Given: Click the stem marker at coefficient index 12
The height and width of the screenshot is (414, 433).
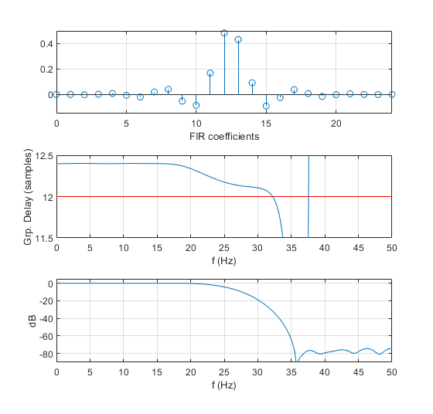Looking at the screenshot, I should [224, 33].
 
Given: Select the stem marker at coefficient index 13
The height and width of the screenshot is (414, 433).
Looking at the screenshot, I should [238, 39].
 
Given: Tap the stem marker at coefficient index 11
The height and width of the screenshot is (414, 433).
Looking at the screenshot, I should [210, 73].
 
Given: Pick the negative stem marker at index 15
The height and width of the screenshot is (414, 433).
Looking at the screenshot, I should [266, 106].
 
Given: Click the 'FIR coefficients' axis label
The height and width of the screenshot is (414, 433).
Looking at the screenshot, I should [224, 136].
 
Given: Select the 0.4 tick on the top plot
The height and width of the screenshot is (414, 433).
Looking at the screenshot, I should [43, 43].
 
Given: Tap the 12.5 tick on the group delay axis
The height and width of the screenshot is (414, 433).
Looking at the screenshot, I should [42, 157].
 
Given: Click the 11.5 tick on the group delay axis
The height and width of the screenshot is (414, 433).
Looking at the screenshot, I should [42, 238].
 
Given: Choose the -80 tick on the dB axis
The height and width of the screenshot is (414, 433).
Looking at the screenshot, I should [42, 354].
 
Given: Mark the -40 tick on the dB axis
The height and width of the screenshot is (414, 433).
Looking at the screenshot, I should [42, 319].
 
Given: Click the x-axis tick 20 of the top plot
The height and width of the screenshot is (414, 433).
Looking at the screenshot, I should [336, 124].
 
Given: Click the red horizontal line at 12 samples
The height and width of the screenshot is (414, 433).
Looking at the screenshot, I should [155, 197].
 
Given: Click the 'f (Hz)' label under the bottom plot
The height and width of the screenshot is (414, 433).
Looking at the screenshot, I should [224, 384].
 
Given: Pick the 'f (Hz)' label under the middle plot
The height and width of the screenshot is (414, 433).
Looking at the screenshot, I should [224, 260].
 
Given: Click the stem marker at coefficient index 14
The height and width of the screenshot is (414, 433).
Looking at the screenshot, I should [252, 83].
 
